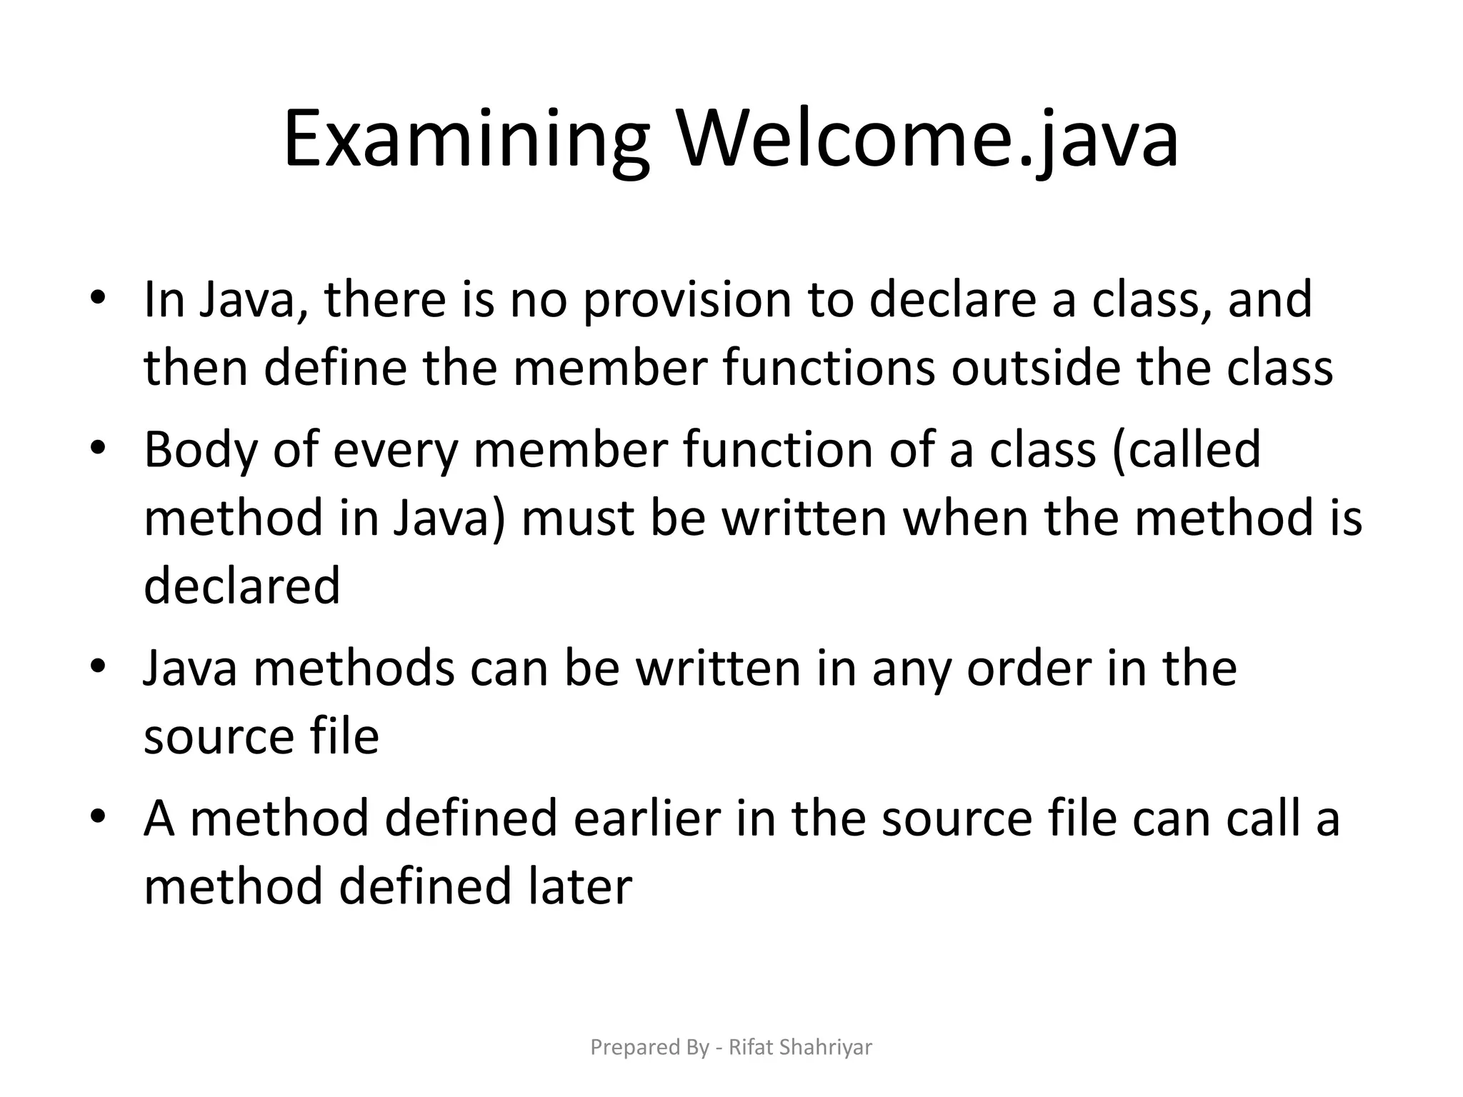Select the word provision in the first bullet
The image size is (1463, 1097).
(686, 299)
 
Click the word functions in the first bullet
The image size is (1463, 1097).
(828, 368)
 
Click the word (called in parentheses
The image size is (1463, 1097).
(1185, 450)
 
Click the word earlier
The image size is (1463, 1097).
(646, 818)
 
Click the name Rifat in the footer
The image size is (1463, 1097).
(750, 1048)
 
